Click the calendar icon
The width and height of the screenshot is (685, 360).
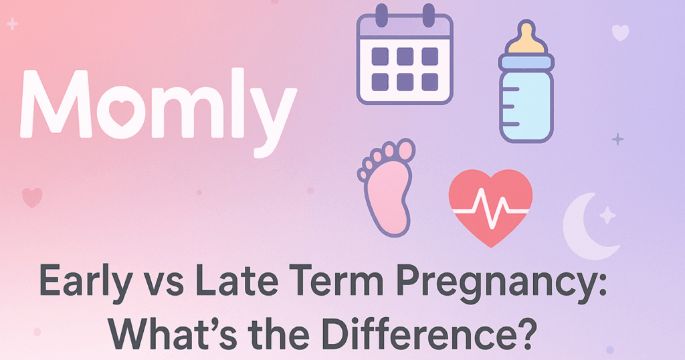405,57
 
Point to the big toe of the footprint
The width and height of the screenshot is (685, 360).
405,150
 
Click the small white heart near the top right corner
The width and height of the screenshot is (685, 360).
620,32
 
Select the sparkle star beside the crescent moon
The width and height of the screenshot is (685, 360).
607,214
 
